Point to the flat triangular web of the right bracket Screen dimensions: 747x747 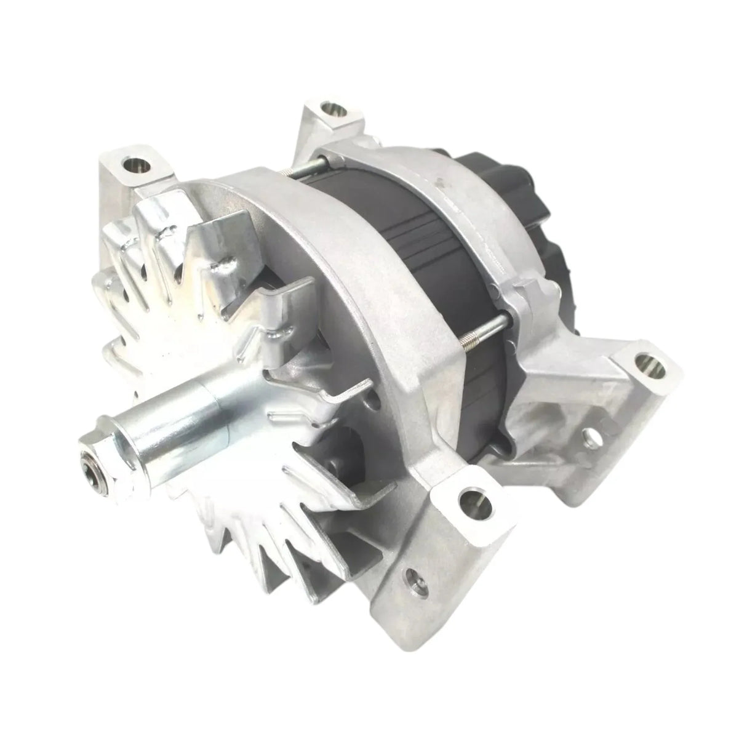[554, 369]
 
